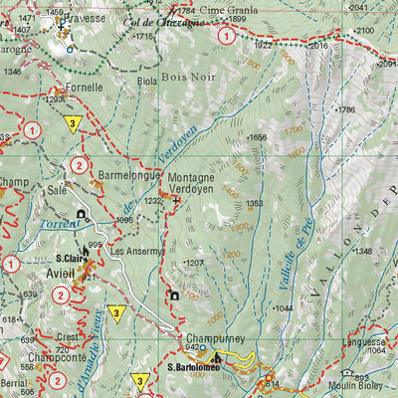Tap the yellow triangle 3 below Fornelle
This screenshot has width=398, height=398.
coord(73,123)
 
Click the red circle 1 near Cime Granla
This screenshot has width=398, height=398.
coord(228,36)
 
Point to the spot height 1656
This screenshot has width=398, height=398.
coord(258,137)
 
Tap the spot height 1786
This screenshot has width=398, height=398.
coord(345,109)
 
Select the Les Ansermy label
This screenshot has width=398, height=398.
coord(135,251)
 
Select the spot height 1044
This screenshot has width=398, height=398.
coord(283,308)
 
